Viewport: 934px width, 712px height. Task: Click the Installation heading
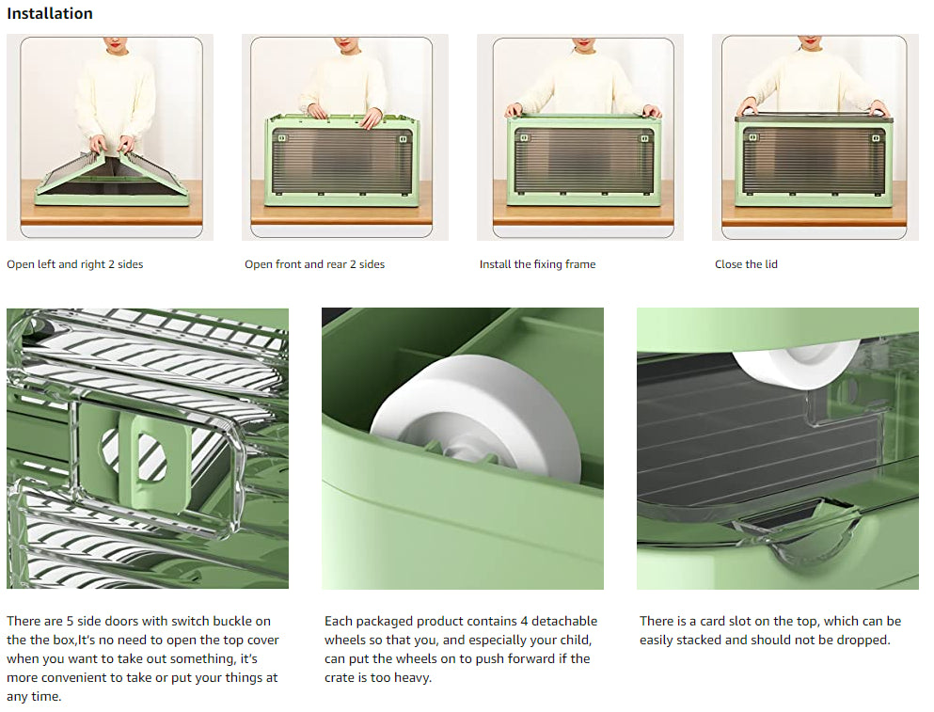pos(50,13)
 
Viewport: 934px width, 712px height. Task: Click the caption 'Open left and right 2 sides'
pos(75,264)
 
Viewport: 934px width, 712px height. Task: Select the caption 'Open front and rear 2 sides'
pos(314,264)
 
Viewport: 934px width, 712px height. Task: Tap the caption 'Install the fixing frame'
pos(537,264)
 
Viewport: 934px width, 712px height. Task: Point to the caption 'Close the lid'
pos(746,264)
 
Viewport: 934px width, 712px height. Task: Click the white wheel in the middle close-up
pos(477,417)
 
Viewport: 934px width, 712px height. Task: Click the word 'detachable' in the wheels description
pos(564,621)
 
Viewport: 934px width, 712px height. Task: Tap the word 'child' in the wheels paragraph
pos(574,640)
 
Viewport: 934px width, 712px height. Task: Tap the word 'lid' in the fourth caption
pos(770,264)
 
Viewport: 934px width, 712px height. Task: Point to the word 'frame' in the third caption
pos(580,264)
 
